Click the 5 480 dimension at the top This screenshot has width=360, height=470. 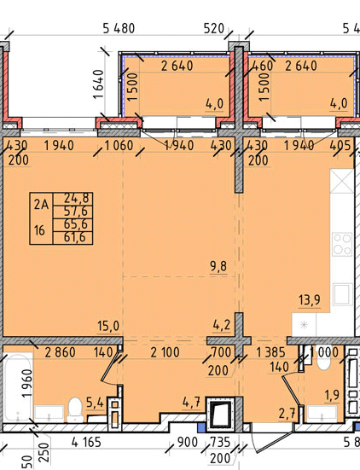click(x=119, y=28)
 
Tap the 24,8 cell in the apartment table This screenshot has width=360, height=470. click(x=73, y=198)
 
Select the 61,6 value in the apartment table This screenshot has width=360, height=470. click(x=73, y=237)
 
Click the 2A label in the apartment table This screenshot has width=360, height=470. click(x=41, y=205)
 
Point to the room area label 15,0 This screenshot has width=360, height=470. click(x=108, y=326)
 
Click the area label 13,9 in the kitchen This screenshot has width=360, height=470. click(x=310, y=299)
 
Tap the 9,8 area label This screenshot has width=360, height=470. click(x=218, y=266)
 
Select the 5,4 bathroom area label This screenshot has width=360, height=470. click(x=95, y=403)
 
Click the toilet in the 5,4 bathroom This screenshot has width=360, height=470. click(x=75, y=409)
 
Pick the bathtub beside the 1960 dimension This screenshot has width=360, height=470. click(x=17, y=388)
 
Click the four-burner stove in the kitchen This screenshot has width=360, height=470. click(x=342, y=244)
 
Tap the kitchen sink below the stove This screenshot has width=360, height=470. click(x=342, y=294)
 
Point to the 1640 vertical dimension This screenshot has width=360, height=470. click(x=98, y=84)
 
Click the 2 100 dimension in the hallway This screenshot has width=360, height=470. click(x=165, y=352)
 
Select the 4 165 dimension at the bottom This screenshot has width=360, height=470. click(x=86, y=442)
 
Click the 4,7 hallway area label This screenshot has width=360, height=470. click(x=191, y=402)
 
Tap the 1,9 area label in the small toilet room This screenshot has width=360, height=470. click(x=332, y=396)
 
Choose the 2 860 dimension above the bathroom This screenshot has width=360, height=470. click(x=60, y=352)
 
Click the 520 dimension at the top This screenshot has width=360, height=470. click(x=214, y=29)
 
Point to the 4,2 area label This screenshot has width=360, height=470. click(x=222, y=325)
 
